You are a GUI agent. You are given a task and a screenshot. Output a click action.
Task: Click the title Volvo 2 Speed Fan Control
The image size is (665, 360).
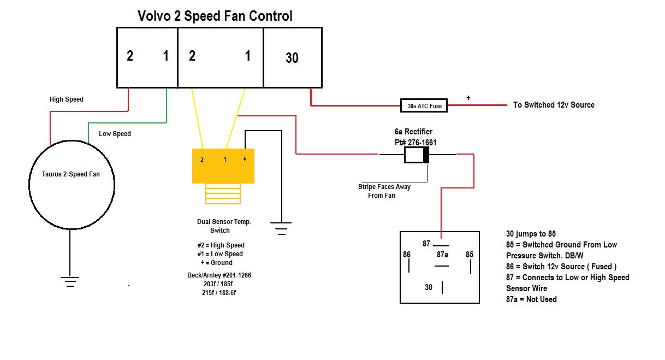215,16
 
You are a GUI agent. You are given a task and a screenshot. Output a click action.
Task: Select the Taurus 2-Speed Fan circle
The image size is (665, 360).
72,185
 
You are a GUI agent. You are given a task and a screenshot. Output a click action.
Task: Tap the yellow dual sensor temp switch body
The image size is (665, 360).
223,166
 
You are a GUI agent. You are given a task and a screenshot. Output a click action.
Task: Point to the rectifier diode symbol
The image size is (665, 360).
417,155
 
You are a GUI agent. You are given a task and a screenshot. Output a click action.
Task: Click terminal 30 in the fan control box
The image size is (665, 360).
292,58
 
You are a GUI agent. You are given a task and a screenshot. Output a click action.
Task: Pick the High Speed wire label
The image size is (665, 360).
67,99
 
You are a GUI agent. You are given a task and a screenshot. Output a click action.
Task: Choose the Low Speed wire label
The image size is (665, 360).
115,134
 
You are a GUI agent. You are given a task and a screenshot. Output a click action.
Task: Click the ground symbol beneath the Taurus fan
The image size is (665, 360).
70,282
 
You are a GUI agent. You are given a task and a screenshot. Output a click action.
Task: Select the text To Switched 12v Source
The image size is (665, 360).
554,105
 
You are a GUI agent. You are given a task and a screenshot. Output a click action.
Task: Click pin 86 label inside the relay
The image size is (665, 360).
407,255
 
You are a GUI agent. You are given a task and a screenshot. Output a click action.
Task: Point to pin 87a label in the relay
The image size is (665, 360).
442,255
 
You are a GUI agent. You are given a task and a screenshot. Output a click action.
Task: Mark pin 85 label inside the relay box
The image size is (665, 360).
470,255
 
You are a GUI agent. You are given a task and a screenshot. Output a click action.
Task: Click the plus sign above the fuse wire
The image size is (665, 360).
468,98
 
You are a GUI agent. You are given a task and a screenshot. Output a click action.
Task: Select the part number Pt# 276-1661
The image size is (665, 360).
415,143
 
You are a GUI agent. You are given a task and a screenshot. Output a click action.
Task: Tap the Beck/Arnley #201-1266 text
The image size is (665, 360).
219,275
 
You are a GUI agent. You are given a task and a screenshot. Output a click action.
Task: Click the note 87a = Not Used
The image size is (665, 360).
531,299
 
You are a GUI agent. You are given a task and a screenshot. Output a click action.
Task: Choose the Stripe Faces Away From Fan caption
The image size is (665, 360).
384,191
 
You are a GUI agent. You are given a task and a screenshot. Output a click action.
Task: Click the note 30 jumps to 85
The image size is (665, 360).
531,234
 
